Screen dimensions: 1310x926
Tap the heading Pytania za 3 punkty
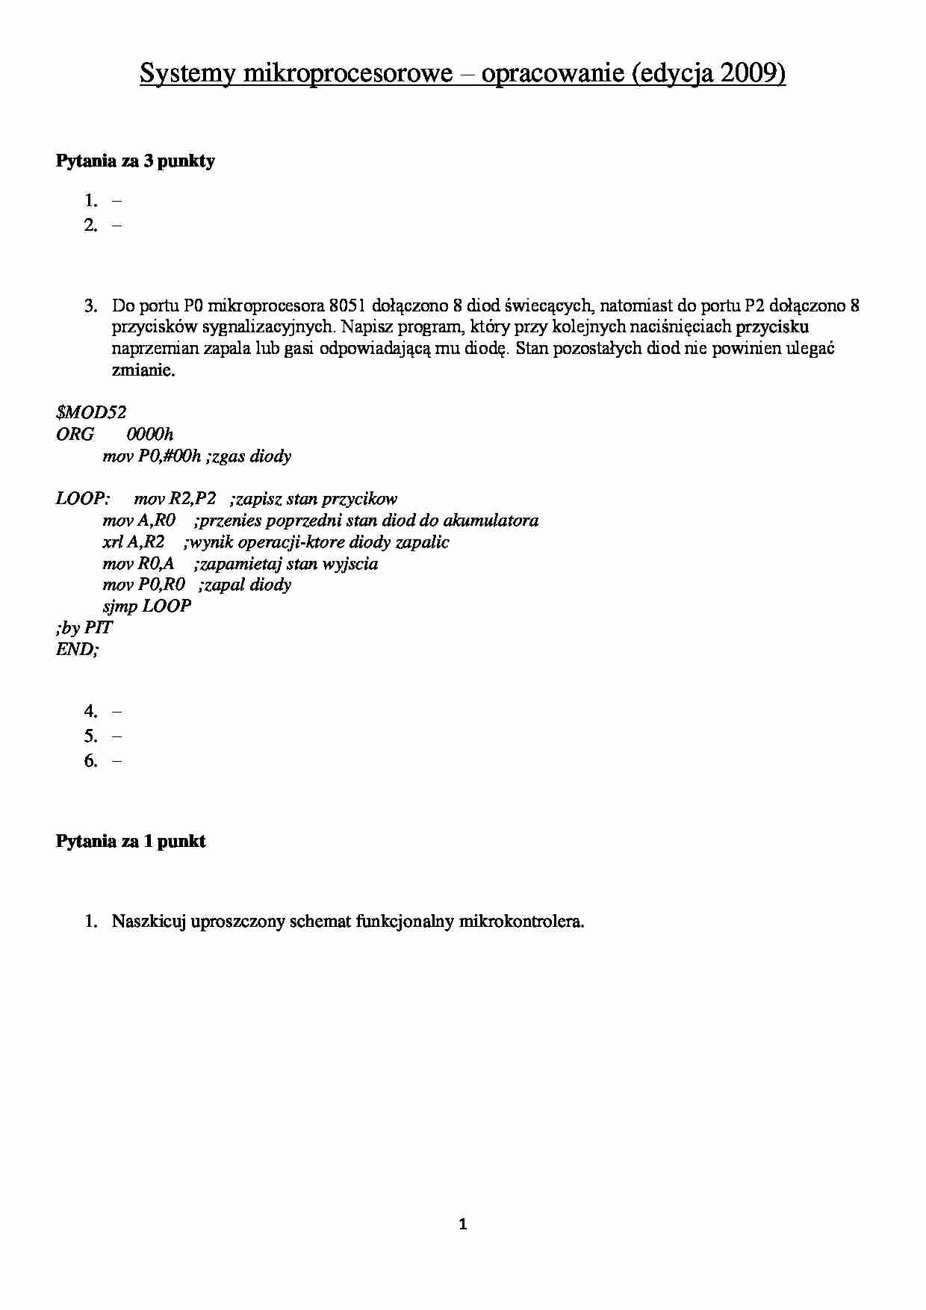[x=135, y=161]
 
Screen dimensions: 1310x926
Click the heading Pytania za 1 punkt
[x=131, y=841]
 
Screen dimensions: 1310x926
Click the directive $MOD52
[x=91, y=412]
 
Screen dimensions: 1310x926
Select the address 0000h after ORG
[x=150, y=434]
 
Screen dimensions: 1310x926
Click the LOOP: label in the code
[x=83, y=499]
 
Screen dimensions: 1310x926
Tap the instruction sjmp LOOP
[x=146, y=606]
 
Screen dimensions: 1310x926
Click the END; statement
[x=77, y=649]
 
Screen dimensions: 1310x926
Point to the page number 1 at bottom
[x=462, y=1224]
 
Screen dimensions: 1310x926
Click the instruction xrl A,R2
[x=133, y=542]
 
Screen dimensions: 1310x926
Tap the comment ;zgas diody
[x=249, y=456]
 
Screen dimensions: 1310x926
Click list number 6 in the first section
[x=91, y=761]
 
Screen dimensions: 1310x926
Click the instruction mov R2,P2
[x=175, y=499]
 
